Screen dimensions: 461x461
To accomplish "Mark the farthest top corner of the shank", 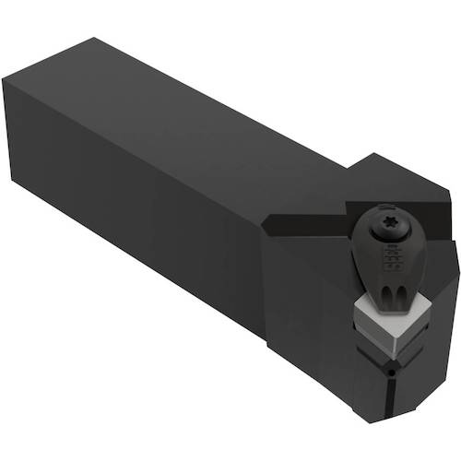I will pyautogui.click(x=93, y=39).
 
